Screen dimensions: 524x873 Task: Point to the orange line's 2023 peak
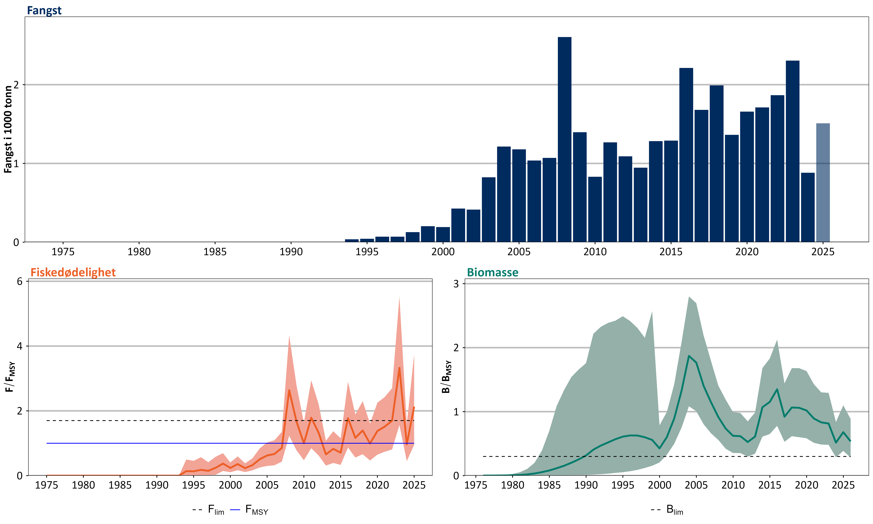[399, 368]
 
